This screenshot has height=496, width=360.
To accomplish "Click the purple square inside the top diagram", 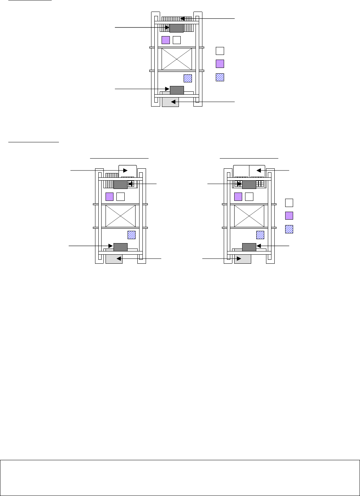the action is pos(166,40).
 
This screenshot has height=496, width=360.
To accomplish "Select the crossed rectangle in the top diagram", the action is pos(176,59).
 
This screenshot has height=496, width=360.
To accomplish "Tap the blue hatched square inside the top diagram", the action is pos(188,78).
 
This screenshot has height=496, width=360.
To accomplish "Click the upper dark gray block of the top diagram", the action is pos(176,28).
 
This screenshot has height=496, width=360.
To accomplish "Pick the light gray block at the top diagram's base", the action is pos(170,102).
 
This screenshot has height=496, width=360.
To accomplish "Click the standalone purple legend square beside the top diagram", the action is pos(220,64).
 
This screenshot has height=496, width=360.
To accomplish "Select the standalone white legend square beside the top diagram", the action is pos(220,51).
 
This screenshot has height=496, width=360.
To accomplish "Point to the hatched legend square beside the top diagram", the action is pos(220,77).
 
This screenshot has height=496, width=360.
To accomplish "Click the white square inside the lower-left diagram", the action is pos(121,197).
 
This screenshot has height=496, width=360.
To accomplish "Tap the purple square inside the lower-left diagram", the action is pos(110,197).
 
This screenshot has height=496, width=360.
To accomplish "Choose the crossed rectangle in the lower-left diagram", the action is pos(120,216).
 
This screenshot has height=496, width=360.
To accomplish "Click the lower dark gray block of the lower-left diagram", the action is pos(120,247).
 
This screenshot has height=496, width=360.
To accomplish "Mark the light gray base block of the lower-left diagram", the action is pos(114,259).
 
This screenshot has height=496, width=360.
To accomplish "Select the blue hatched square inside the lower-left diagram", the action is pos(132,235).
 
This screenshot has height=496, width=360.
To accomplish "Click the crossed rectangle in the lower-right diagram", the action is pos(249,216).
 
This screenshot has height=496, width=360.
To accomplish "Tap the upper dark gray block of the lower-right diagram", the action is pos(249,185).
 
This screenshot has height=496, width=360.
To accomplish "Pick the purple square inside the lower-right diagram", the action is pos(238,197).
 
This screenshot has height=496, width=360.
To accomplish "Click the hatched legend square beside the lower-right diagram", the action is pos(289,229).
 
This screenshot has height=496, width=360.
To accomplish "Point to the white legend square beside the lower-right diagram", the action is pos(289,202).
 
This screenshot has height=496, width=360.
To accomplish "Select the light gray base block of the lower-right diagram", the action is pos(243,259).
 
